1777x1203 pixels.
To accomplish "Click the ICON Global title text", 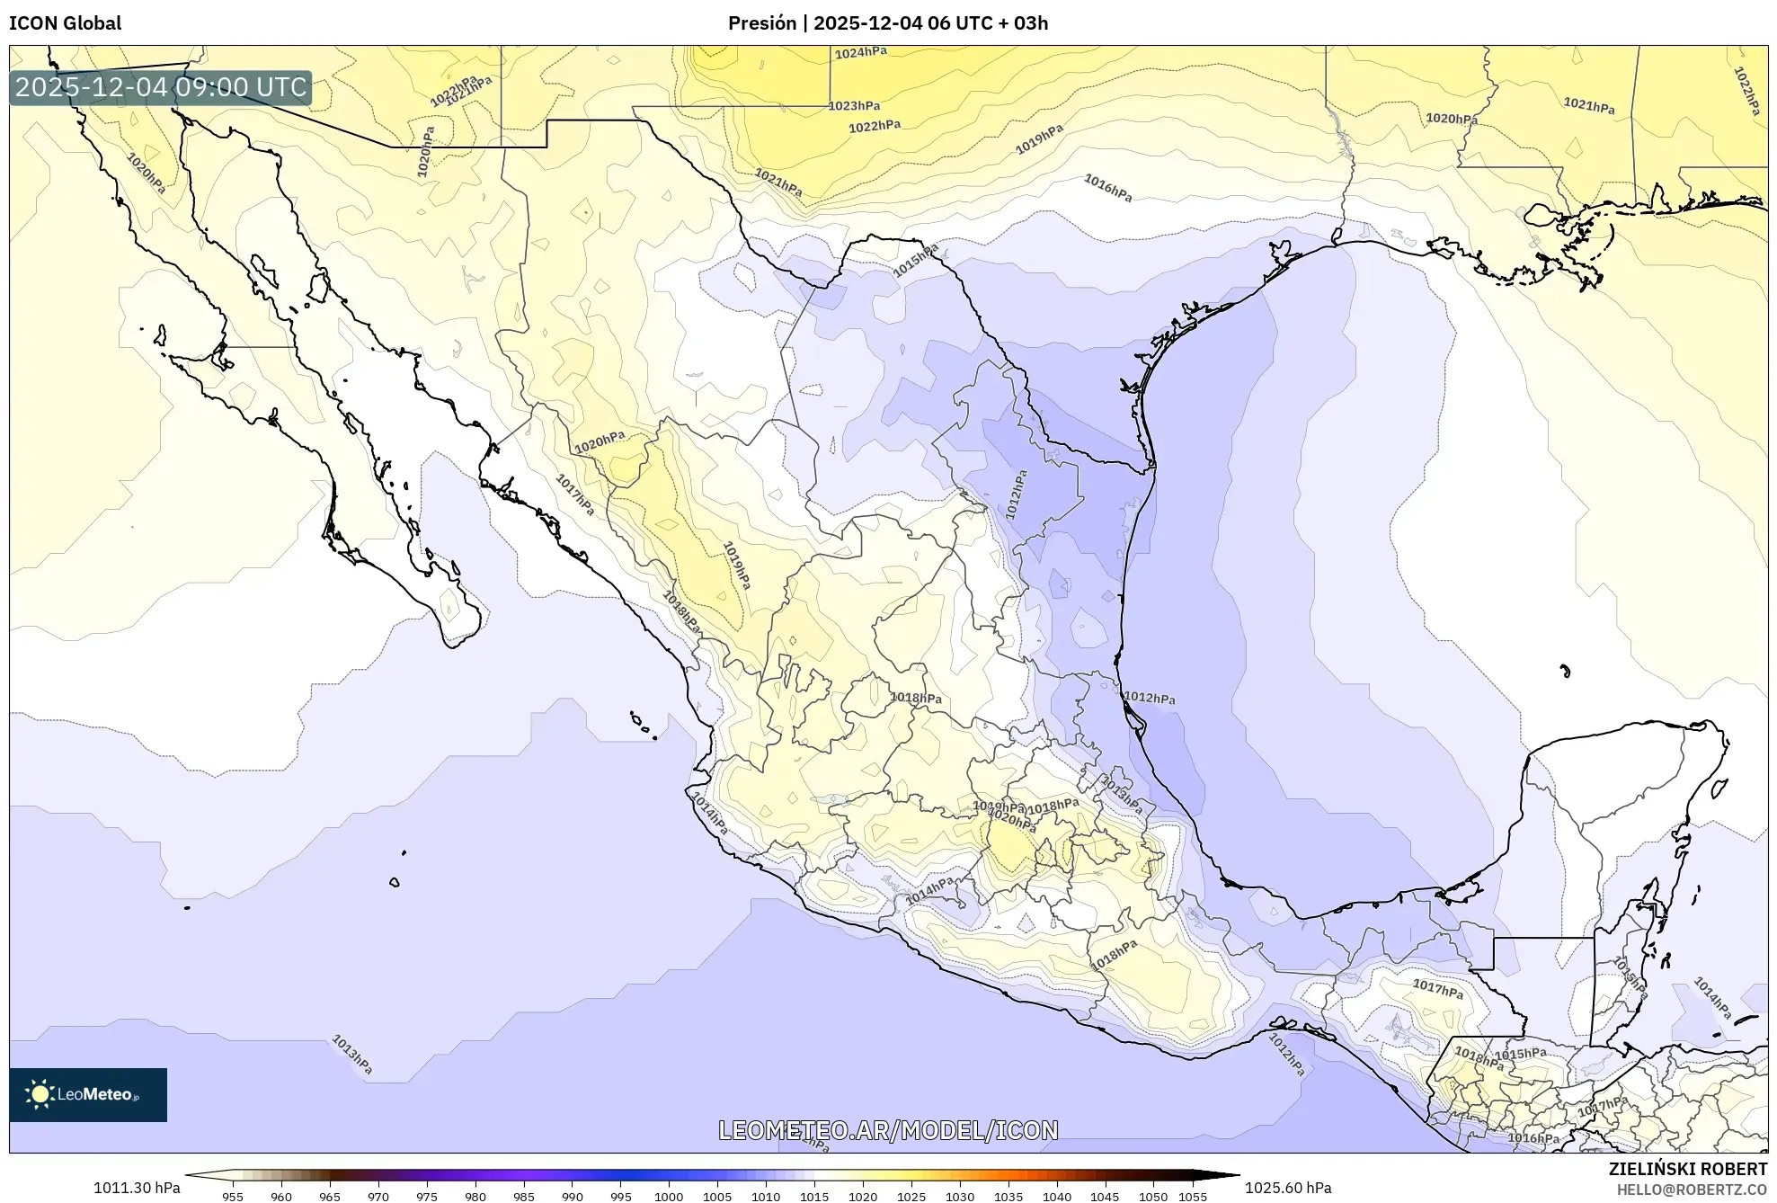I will (x=65, y=23).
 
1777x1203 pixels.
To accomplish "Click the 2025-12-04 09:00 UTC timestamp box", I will (x=161, y=87).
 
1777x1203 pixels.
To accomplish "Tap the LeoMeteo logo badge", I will (x=88, y=1094).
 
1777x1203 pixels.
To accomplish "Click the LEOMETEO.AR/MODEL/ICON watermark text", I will (x=888, y=1130).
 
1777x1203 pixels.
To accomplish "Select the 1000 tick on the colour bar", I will (x=668, y=1196).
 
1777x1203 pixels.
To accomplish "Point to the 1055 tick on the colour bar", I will (x=1193, y=1196).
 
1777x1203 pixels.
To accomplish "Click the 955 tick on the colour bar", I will (x=233, y=1196).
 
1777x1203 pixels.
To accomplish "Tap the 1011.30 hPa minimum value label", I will (x=137, y=1188).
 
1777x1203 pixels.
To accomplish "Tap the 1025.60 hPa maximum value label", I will (x=1288, y=1188).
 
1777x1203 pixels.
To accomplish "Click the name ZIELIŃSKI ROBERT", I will (x=1688, y=1169).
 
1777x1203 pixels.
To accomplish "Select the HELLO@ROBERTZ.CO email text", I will (x=1692, y=1190).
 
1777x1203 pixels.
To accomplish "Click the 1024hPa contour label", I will (x=860, y=53).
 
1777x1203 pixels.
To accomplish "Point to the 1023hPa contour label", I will (x=853, y=106).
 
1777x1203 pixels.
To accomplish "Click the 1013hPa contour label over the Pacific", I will (x=351, y=1054).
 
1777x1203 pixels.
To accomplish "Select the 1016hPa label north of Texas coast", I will (x=1107, y=187).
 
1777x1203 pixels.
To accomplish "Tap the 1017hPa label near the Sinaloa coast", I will (x=574, y=495).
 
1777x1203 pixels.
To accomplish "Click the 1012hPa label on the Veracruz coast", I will (x=1149, y=698).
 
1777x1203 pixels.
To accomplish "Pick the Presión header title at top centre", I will (x=887, y=23).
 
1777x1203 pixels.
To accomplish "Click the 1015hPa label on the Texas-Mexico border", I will (x=915, y=260).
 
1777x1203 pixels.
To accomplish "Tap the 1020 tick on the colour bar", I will (x=862, y=1196).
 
